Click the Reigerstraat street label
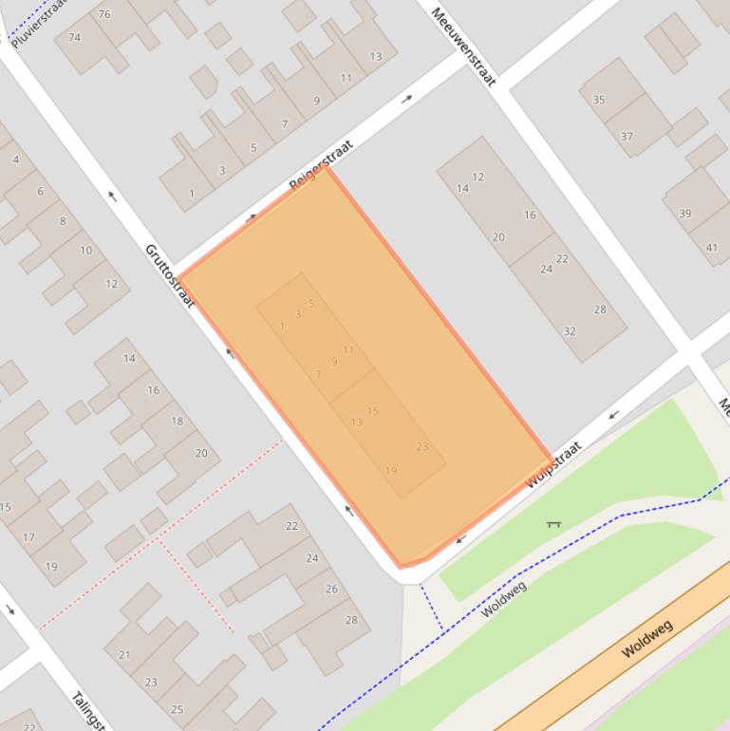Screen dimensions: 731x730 321,164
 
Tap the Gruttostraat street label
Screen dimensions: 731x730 169,275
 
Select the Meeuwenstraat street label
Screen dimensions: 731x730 463,47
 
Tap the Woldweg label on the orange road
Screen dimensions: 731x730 646,639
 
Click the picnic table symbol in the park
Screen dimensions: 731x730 553,522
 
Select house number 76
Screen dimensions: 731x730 103,14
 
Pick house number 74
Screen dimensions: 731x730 74,37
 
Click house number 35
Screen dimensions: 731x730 598,100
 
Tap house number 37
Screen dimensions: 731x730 627,137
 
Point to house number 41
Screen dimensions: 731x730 712,248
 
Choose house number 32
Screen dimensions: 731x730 570,331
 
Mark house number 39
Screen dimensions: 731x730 685,214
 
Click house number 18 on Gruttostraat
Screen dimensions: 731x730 177,421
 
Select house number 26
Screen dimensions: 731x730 331,589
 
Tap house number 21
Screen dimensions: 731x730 124,655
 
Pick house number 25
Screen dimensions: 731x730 177,709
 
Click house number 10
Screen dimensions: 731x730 86,251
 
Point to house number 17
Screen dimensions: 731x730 28,537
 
